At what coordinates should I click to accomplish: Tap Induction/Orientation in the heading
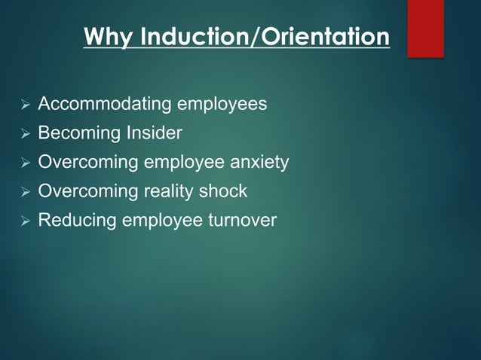pyautogui.click(x=259, y=36)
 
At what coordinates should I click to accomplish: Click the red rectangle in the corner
pyautogui.click(x=425, y=28)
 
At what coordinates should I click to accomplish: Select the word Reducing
pyautogui.click(x=74, y=221)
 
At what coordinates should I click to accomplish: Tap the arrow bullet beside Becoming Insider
pyautogui.click(x=25, y=134)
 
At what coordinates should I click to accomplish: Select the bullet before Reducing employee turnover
pyautogui.click(x=25, y=221)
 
